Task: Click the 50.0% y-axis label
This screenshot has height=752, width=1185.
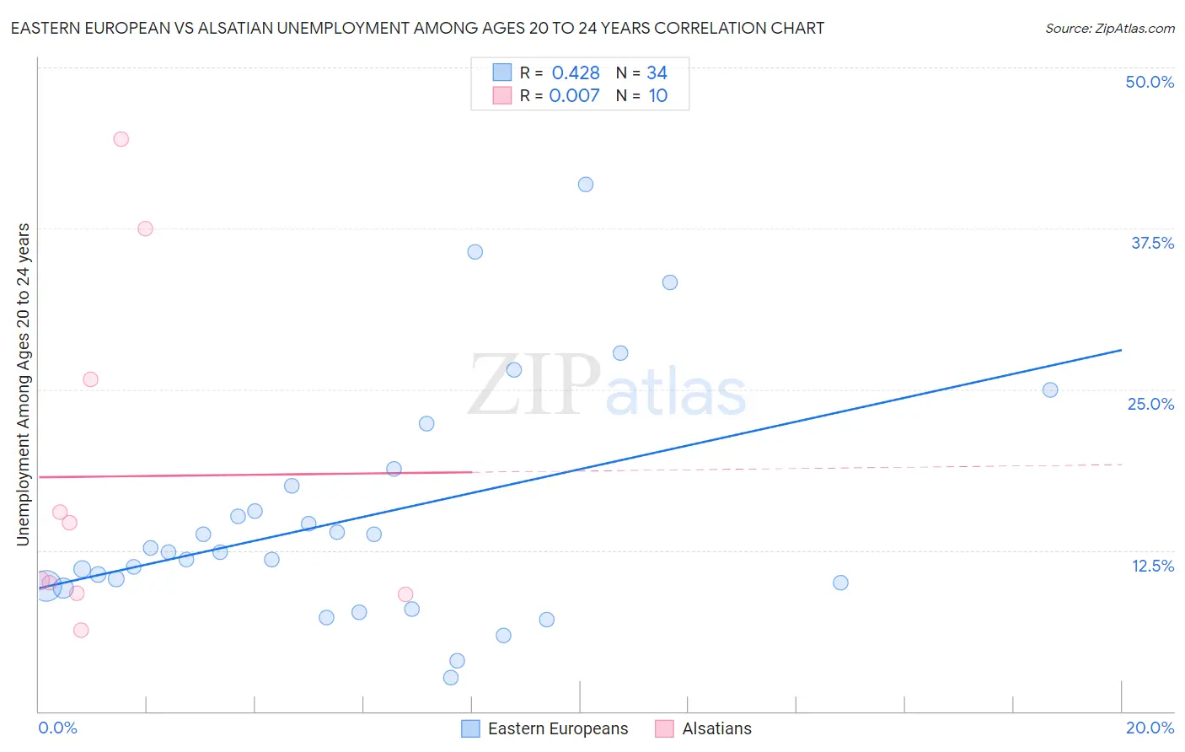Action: click(1150, 82)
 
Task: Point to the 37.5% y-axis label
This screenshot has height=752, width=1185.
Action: click(1152, 243)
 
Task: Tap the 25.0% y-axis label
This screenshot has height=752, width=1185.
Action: click(1150, 404)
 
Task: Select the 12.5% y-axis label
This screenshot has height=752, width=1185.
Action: click(1152, 566)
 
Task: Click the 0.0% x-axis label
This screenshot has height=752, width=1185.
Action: click(57, 728)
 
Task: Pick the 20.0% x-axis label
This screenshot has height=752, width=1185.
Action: click(1150, 728)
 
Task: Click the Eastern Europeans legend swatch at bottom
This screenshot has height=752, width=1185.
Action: click(470, 728)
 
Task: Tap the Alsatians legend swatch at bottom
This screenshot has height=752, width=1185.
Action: click(664, 728)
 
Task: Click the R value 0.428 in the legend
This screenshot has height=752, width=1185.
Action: click(576, 73)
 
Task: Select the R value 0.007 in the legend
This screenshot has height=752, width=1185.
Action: click(574, 95)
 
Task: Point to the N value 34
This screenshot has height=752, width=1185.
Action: click(657, 73)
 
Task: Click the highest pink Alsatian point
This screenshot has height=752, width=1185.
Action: click(121, 139)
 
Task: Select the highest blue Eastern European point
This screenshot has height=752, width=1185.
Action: click(586, 185)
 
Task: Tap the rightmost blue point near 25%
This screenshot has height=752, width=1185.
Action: click(1050, 389)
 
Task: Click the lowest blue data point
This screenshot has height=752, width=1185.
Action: click(451, 678)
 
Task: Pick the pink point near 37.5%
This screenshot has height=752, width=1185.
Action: click(145, 228)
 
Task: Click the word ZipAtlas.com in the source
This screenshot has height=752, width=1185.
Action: click(1134, 28)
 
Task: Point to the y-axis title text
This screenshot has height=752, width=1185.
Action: click(23, 384)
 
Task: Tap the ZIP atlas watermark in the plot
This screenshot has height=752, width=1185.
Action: click(607, 386)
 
